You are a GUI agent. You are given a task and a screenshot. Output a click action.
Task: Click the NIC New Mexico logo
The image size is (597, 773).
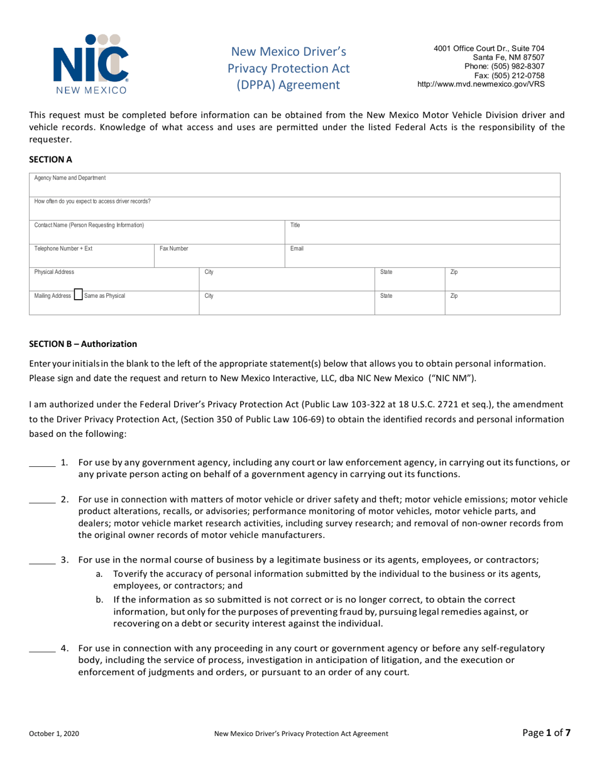point(91,63)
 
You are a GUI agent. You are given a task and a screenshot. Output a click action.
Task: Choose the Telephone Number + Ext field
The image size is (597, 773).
point(92,255)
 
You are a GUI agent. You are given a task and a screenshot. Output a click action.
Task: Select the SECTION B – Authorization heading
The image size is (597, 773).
point(83,344)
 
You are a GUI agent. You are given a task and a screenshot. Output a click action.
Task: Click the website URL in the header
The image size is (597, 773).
point(481,84)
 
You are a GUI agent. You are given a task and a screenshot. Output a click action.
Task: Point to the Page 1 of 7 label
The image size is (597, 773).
point(547,732)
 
